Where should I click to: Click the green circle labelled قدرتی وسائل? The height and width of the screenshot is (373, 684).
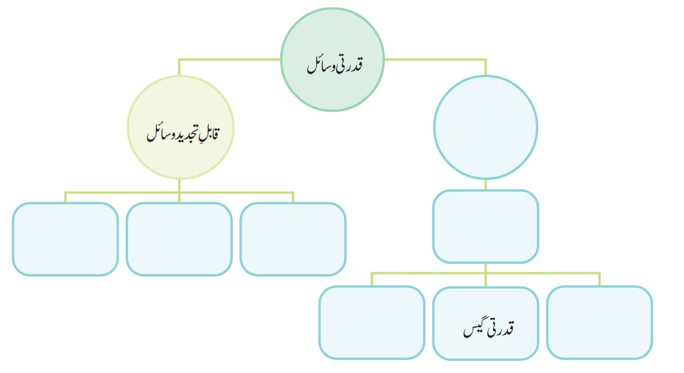[332, 60]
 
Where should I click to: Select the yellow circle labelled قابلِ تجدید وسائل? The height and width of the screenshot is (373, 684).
[181, 128]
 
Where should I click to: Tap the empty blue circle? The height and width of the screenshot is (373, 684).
[485, 128]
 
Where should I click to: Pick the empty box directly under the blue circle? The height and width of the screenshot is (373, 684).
[485, 226]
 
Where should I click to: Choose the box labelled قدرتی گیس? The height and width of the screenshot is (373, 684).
[485, 324]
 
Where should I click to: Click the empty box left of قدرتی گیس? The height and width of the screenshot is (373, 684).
[372, 322]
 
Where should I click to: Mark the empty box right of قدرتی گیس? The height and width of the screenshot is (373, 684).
[600, 322]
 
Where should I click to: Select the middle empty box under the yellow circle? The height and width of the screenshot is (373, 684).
[179, 239]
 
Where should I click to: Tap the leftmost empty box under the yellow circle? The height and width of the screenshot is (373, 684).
[65, 239]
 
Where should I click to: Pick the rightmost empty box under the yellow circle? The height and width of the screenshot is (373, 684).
[293, 239]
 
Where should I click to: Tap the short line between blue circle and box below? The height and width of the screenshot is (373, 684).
[485, 184]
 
